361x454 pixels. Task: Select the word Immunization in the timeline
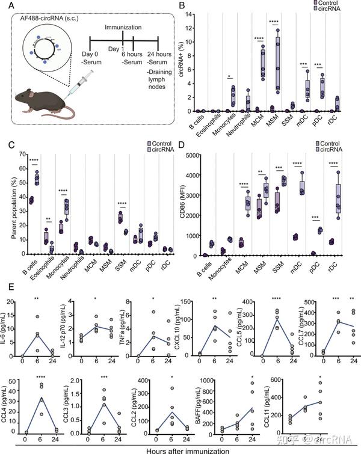pos(123,28)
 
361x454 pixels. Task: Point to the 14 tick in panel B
pos(193,13)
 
